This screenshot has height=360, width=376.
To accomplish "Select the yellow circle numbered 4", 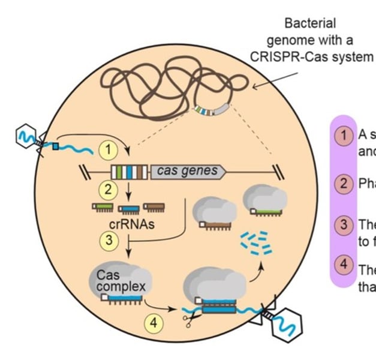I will pyautogui.click(x=154, y=322).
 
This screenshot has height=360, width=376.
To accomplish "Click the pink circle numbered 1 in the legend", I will pyautogui.click(x=344, y=136).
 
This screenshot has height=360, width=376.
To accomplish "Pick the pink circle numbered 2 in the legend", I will pyautogui.click(x=344, y=184).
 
